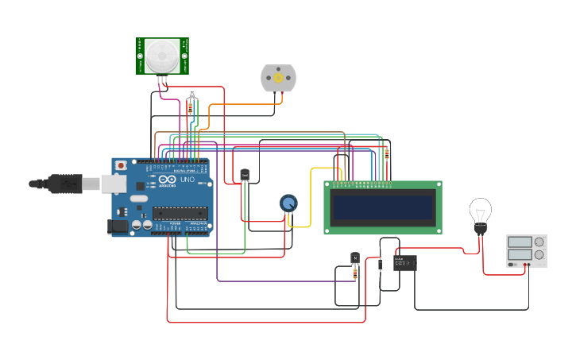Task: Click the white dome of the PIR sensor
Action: click(x=161, y=54)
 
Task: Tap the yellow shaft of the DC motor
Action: click(x=278, y=77)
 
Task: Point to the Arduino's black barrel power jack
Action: click(x=118, y=226)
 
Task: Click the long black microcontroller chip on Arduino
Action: click(x=180, y=212)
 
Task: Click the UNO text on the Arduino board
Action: click(x=186, y=180)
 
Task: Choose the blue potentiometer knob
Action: click(x=288, y=203)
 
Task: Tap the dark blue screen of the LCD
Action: click(x=383, y=207)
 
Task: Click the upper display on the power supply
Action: click(x=520, y=242)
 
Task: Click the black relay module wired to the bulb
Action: click(x=405, y=262)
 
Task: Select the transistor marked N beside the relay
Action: click(x=354, y=258)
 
